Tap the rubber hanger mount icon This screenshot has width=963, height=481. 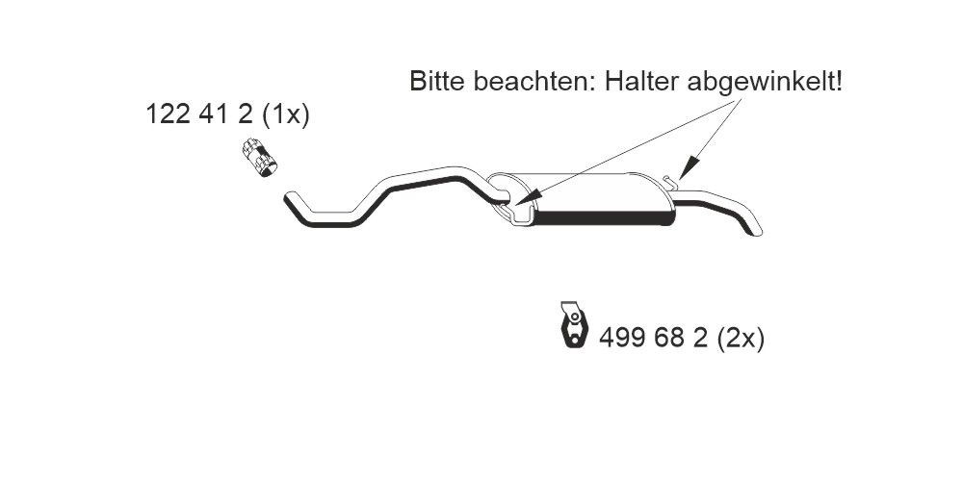click(574, 324)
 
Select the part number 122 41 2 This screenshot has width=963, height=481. click(199, 114)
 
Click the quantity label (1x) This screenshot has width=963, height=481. click(286, 114)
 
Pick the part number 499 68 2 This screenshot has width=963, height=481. click(654, 338)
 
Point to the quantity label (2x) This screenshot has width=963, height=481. click(741, 339)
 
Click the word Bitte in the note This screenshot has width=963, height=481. click(436, 81)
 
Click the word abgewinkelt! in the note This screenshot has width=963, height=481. click(765, 82)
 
